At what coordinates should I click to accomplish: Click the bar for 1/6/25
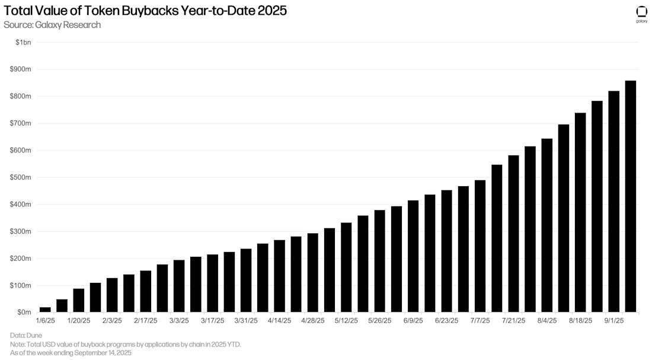45,309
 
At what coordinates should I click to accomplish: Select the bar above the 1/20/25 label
78,300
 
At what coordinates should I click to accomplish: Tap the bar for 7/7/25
480,246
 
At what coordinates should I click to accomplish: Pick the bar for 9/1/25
614,202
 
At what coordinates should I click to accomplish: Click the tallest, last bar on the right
631,196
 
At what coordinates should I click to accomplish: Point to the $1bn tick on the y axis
24,42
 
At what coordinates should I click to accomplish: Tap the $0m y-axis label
24,312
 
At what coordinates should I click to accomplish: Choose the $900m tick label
21,69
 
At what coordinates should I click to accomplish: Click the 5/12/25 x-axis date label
346,321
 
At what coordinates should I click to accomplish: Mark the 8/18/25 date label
580,321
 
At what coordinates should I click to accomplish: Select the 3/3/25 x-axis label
178,321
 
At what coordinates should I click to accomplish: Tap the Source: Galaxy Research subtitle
52,25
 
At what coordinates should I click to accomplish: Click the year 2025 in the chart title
273,11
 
